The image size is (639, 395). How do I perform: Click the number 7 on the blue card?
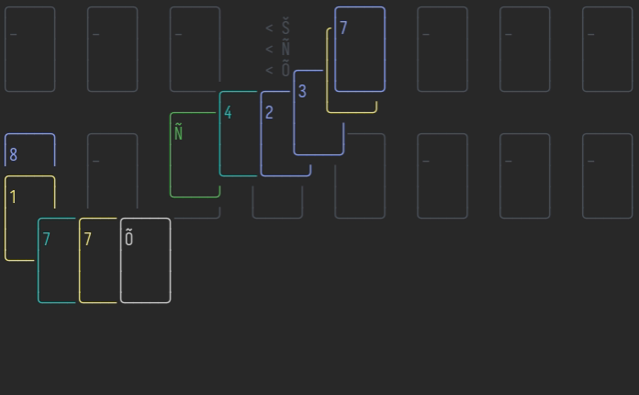click(x=343, y=28)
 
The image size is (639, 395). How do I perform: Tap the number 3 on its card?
click(x=302, y=91)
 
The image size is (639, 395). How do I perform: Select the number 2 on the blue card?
click(x=269, y=112)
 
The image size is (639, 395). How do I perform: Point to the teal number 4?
click(x=228, y=113)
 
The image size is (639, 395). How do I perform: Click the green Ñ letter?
click(x=178, y=133)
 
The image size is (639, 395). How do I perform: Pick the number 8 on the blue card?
click(x=13, y=154)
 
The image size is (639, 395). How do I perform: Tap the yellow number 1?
click(x=13, y=197)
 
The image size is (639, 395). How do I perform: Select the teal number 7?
click(x=46, y=239)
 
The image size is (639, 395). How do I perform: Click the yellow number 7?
click(x=87, y=239)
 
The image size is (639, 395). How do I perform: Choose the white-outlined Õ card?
click(x=146, y=261)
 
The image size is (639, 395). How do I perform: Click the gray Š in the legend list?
click(x=286, y=28)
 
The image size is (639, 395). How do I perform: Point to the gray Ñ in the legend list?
click(x=286, y=49)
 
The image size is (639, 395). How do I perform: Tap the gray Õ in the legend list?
click(x=286, y=69)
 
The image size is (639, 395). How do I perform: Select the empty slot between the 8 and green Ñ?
click(x=112, y=175)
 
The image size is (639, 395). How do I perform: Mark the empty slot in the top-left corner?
click(x=29, y=50)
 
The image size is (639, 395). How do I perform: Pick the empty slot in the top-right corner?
click(x=608, y=50)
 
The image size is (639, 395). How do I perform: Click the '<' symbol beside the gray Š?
click(x=269, y=28)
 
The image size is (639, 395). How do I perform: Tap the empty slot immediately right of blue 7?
click(x=443, y=50)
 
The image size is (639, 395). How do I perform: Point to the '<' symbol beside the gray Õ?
click(x=269, y=69)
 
